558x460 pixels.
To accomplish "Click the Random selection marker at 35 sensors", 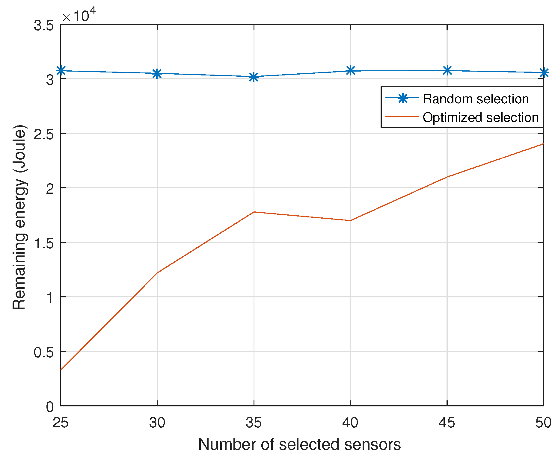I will (254, 77).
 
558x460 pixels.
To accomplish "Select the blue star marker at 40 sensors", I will (350, 71).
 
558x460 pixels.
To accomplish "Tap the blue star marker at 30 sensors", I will (157, 73).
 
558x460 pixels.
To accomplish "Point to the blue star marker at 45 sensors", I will (447, 71).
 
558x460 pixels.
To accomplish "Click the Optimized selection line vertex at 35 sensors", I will (254, 212).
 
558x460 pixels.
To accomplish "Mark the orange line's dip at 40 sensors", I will (350, 220).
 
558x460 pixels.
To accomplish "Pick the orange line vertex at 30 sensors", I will (157, 273).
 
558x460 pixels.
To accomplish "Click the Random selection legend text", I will (476, 99).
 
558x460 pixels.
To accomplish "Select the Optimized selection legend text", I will (480, 118).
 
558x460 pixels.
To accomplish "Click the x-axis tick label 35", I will (254, 423).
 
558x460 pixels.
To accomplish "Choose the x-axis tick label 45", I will (447, 423).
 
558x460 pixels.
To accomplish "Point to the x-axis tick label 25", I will (61, 423).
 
